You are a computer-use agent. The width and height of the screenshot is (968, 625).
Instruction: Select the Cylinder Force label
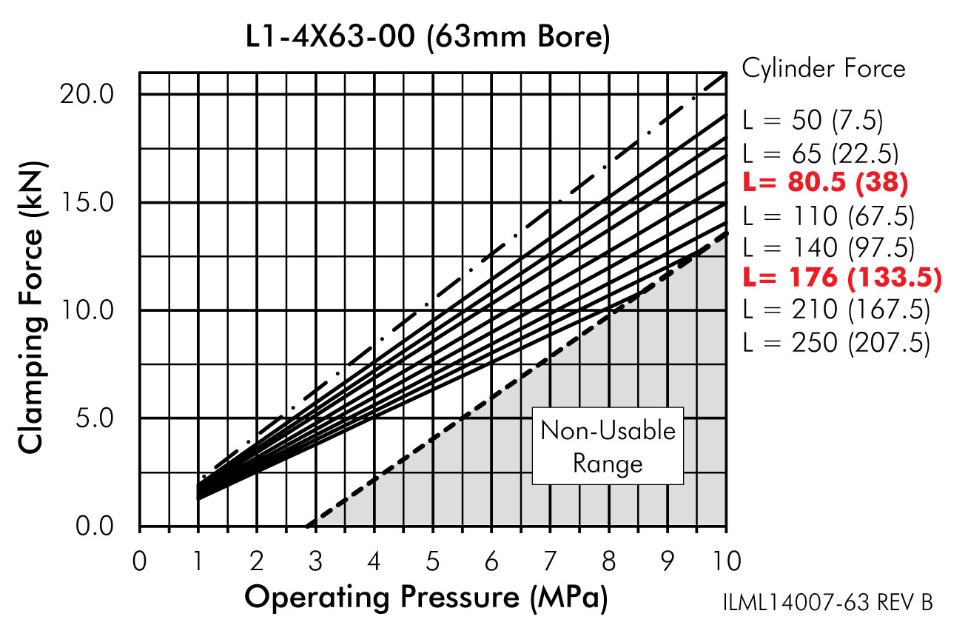[x=824, y=69]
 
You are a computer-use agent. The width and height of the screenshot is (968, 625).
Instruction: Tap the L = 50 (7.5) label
[x=813, y=121]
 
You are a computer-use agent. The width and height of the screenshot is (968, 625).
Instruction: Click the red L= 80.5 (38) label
[x=825, y=182]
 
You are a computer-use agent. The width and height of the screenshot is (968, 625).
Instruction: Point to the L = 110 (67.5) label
[x=828, y=216]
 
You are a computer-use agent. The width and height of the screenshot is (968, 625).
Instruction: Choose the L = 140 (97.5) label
[x=828, y=247]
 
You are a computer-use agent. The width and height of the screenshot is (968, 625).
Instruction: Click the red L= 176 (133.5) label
[x=841, y=277]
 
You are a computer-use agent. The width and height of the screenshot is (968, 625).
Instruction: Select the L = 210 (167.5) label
[x=836, y=310]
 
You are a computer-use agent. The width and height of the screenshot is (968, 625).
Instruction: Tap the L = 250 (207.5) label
[x=836, y=343]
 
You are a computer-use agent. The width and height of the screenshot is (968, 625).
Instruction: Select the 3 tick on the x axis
[x=315, y=561]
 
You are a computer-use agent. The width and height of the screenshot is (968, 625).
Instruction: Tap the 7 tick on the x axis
[x=549, y=561]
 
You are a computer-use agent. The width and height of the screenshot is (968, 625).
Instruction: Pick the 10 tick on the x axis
[x=725, y=561]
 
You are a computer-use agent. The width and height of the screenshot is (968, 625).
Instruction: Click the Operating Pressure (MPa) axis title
[x=426, y=597]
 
